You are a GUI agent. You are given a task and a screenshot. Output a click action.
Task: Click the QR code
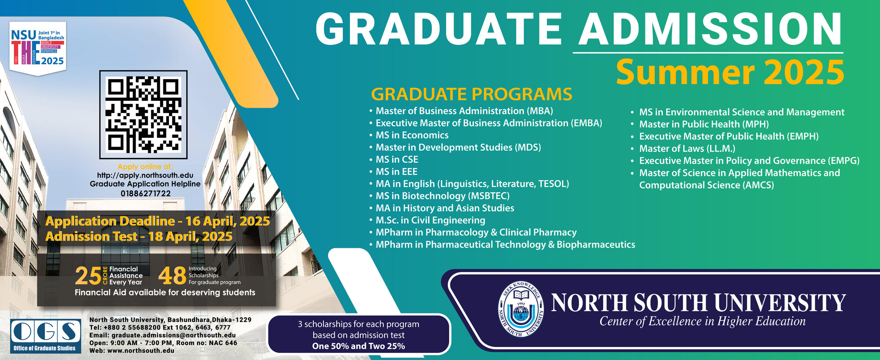[x=143, y=114]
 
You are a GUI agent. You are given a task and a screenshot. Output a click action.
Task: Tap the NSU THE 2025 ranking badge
[x=38, y=48]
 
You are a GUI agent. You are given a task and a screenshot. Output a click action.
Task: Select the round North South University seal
[x=521, y=309]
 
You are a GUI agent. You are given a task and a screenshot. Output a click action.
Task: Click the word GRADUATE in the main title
[x=438, y=29]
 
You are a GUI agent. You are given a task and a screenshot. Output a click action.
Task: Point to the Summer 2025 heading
[x=730, y=72]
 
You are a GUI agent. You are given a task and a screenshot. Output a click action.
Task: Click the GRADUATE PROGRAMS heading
[x=472, y=94]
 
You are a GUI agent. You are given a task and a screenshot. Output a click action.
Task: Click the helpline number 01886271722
[x=146, y=193]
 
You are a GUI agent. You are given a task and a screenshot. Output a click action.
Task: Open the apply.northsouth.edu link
[x=145, y=175]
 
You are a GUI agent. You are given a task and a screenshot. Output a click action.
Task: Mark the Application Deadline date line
[x=158, y=221]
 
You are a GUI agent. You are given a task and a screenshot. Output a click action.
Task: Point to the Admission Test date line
[x=139, y=237]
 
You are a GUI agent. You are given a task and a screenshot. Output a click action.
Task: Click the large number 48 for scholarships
[x=172, y=276]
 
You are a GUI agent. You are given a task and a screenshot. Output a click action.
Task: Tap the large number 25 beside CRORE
[x=88, y=276]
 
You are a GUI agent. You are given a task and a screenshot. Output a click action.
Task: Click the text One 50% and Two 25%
[x=359, y=346]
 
